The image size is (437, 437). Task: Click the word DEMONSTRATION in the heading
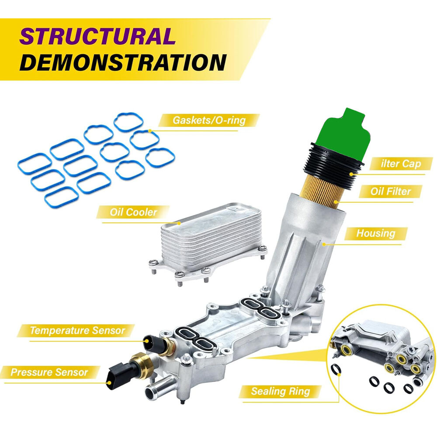click(123, 62)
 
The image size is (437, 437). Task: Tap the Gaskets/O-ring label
click(209, 121)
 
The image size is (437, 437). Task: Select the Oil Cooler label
click(133, 212)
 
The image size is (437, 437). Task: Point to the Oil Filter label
click(390, 191)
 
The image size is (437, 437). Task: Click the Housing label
click(376, 233)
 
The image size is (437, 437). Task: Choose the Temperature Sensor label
click(77, 330)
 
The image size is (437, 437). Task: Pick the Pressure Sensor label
click(49, 372)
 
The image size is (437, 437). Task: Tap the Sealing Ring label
click(281, 392)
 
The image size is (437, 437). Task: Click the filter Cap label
click(400, 163)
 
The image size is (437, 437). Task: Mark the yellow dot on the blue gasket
click(150, 130)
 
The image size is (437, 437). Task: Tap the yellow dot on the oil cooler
click(180, 223)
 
